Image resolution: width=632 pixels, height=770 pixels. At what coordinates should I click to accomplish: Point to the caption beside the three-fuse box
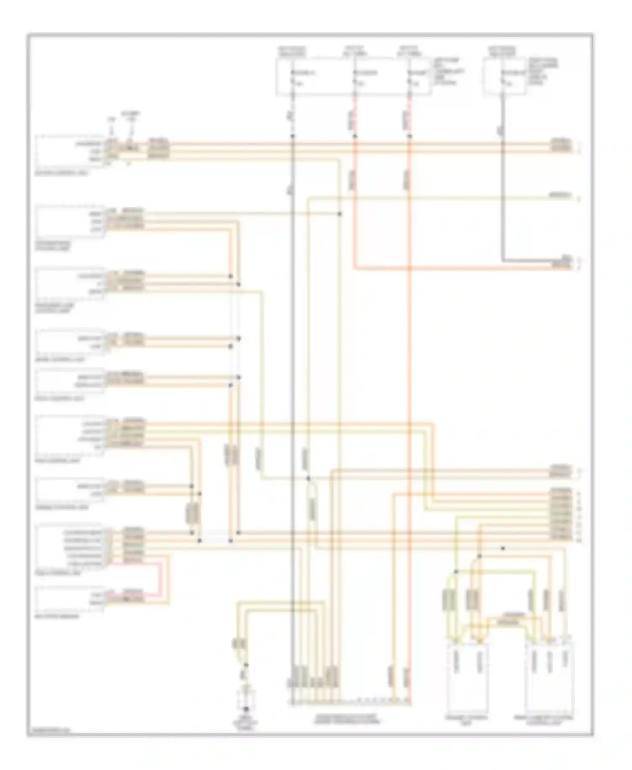(x=446, y=72)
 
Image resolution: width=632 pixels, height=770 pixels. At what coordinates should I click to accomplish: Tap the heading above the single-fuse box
(x=502, y=51)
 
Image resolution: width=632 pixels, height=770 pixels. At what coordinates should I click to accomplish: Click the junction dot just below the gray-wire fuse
(x=292, y=136)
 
